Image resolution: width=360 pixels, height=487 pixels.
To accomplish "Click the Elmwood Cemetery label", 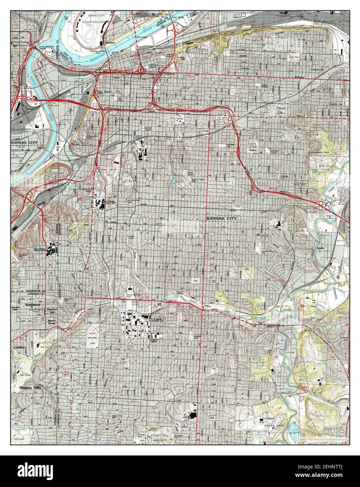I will tap(280, 111).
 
